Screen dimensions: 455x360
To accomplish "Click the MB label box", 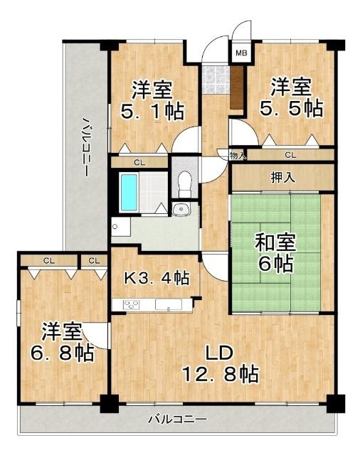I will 240,53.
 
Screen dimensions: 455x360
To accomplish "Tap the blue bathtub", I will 128,190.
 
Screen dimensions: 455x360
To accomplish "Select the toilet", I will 184,183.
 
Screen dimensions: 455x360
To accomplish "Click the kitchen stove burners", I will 132,305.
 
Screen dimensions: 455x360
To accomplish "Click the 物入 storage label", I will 238,154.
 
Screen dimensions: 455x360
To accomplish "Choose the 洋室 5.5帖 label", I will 295,98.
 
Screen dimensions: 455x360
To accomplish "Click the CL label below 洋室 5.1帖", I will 139,163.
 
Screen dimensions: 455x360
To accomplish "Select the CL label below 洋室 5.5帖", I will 290,154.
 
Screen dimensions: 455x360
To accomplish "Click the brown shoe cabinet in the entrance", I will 237,86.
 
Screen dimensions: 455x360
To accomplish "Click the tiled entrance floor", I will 213,80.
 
